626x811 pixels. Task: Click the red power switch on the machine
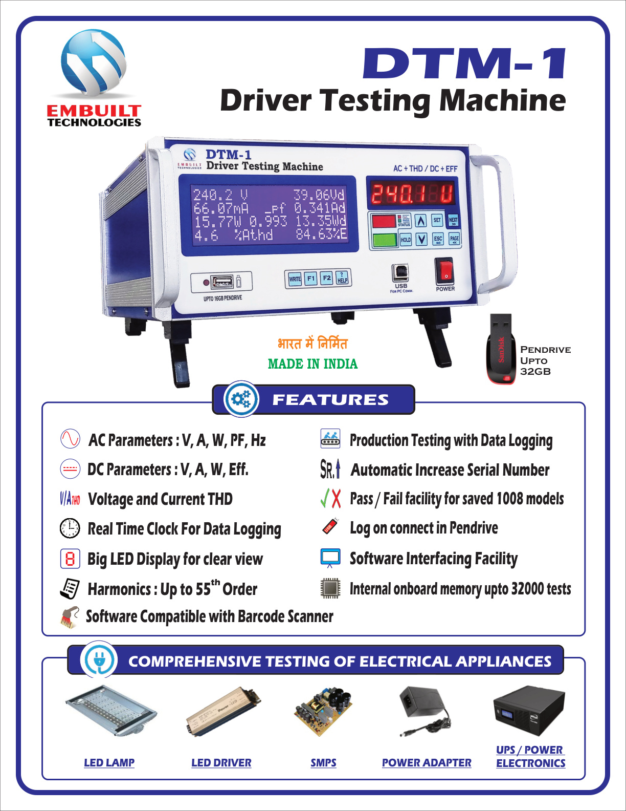click(x=444, y=271)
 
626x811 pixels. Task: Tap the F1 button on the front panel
click(x=311, y=279)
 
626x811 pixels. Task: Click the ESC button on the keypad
click(x=438, y=239)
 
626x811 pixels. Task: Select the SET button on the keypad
click(x=437, y=220)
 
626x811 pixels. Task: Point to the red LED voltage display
click(x=412, y=194)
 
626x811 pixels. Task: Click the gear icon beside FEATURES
click(x=241, y=399)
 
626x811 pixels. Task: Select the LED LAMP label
click(x=109, y=763)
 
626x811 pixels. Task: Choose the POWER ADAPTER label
click(x=427, y=763)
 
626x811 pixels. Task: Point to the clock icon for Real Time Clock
click(x=70, y=528)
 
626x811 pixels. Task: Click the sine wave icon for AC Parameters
click(x=70, y=439)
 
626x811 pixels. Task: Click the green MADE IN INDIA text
click(x=312, y=364)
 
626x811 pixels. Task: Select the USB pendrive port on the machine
click(x=222, y=281)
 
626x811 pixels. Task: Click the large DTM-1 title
click(x=464, y=63)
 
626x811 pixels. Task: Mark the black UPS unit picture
click(x=529, y=711)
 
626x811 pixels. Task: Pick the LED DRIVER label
click(x=221, y=763)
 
